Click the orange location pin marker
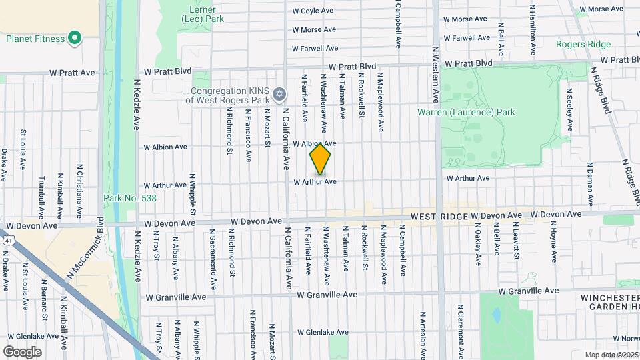click(320, 159)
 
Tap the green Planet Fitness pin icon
click(75, 38)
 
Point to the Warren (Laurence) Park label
click(466, 112)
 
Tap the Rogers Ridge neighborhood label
click(583, 44)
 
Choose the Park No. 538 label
click(129, 198)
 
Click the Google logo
click(22, 351)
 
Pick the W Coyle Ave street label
click(313, 11)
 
